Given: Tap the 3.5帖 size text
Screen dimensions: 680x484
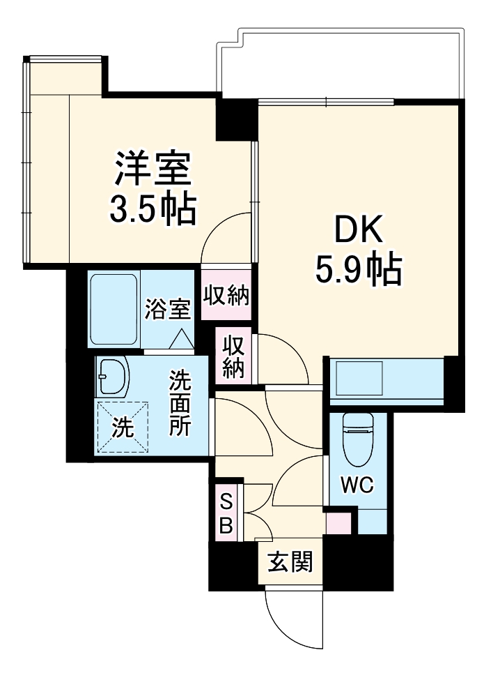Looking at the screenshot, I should click(153, 207).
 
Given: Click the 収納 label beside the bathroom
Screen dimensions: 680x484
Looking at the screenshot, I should click(226, 296).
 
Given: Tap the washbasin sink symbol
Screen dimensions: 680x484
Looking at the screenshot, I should click(113, 377).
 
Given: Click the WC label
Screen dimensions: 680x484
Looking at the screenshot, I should click(357, 484).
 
